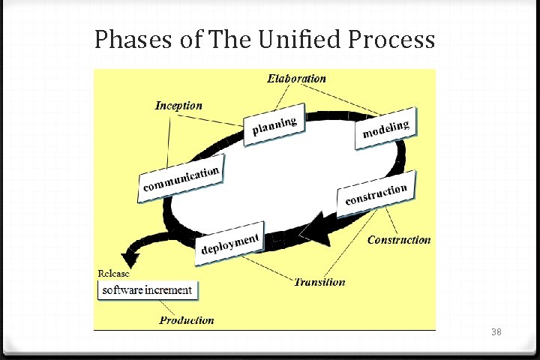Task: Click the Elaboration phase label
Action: click(297, 78)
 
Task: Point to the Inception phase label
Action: click(178, 106)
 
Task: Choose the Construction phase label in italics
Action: click(399, 240)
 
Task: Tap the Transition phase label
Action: click(320, 282)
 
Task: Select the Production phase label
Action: click(187, 320)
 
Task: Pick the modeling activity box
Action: click(386, 130)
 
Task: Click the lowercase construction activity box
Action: click(376, 194)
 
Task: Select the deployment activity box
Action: click(230, 244)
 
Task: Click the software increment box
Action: click(147, 290)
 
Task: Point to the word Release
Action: click(114, 272)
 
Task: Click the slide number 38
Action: click(496, 331)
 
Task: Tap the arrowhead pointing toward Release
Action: click(132, 259)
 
